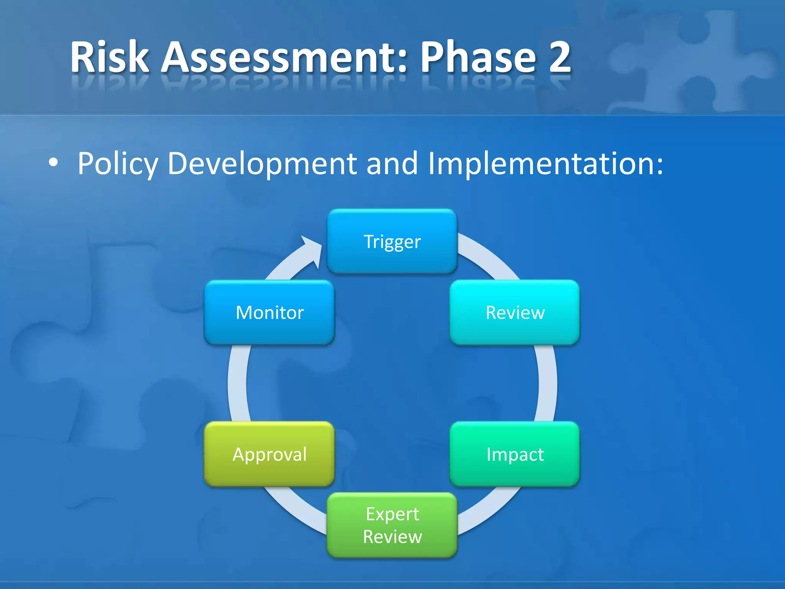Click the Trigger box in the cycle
point(392,242)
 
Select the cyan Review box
point(514,313)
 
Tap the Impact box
point(514,454)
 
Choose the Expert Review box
point(392,525)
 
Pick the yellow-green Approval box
point(269,454)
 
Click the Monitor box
point(269,313)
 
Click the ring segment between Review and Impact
point(547,383)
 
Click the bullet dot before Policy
point(53,163)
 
